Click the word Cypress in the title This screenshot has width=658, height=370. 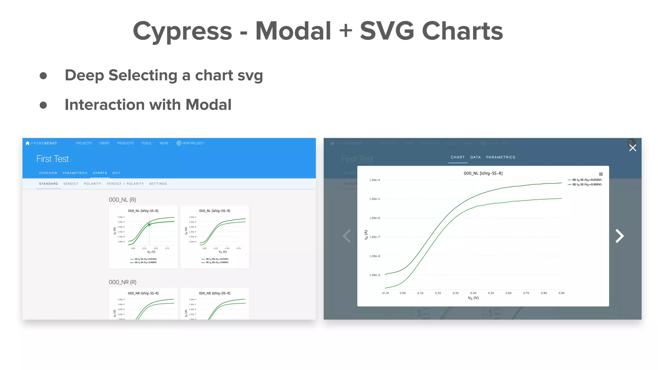click(182, 31)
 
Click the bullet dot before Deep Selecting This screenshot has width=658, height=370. click(43, 76)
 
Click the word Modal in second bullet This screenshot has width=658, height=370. click(208, 105)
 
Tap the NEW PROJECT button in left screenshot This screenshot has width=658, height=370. click(191, 143)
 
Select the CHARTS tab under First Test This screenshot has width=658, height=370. click(100, 173)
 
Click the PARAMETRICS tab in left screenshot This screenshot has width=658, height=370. click(75, 173)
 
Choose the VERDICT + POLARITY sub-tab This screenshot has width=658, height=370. click(125, 184)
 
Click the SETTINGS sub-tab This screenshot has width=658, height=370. click(158, 184)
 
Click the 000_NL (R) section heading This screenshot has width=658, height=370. click(122, 200)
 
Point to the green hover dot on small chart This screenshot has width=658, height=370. click(149, 225)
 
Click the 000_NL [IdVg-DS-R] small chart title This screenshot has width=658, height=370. click(215, 211)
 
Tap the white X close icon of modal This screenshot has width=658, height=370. click(632, 148)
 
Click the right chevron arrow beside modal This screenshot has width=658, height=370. click(619, 236)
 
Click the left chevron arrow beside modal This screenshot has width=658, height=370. click(347, 236)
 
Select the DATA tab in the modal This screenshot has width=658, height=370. click(476, 157)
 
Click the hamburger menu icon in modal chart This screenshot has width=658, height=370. click(601, 174)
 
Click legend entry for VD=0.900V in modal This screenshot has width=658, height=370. click(586, 184)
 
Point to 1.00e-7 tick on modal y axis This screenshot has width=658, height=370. click(375, 237)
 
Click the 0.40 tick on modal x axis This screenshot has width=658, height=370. click(473, 293)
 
